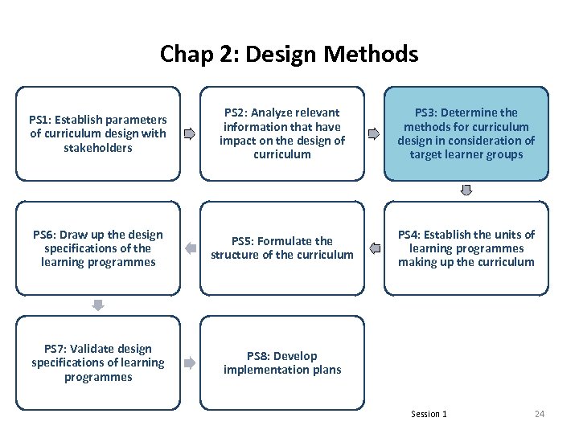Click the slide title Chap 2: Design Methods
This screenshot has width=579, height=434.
point(289,54)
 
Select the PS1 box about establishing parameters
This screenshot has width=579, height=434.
point(98,133)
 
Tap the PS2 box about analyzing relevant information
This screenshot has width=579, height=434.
point(282,133)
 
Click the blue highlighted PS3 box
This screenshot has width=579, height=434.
point(466,133)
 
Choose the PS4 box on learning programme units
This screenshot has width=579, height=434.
point(466,248)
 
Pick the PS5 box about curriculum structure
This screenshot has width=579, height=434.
point(282,248)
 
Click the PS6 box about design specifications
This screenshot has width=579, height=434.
point(98,248)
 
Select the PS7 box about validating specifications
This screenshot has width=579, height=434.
point(98,362)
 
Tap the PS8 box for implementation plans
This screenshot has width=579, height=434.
point(282,362)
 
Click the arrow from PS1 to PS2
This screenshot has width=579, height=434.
point(190,133)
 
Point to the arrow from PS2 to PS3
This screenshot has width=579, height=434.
point(374,133)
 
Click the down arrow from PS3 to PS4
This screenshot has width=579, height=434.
point(466,190)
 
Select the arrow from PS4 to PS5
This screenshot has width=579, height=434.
point(374,248)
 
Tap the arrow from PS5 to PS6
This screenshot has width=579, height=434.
point(190,248)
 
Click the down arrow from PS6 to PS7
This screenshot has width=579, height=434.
point(98,305)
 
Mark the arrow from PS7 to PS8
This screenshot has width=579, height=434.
point(190,362)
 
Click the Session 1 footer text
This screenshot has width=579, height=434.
point(429,414)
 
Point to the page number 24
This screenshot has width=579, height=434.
point(540,414)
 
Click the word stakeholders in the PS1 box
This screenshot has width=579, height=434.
point(98,148)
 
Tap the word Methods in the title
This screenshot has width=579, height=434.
point(377,54)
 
